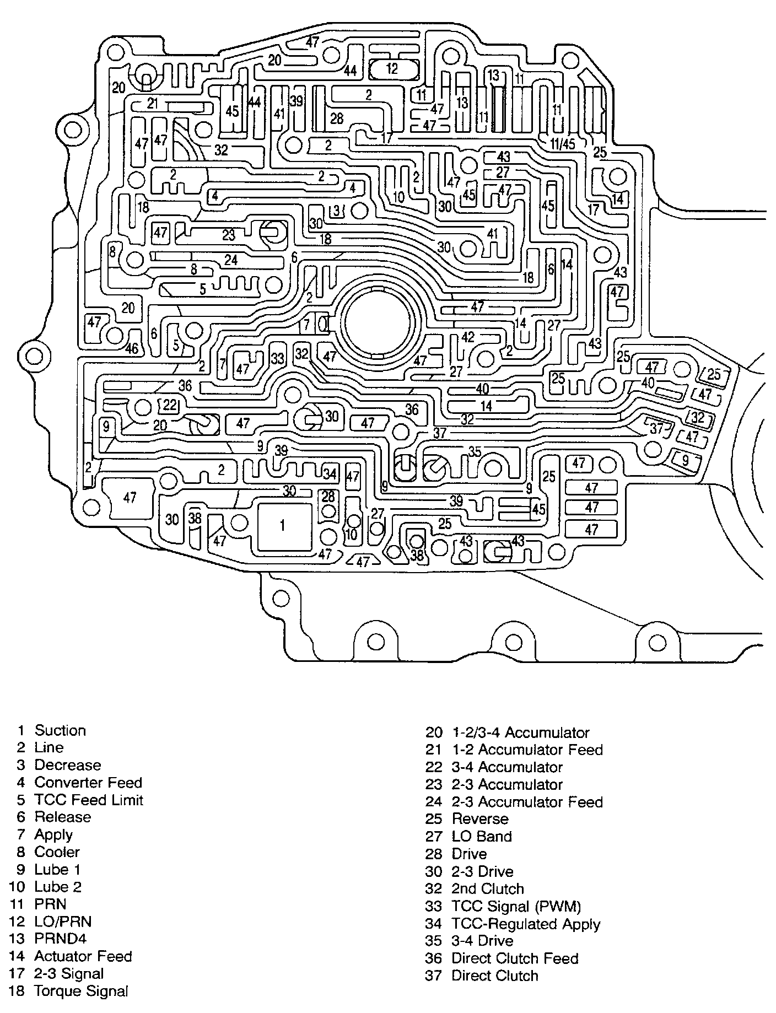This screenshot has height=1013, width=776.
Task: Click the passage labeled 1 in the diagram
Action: click(x=282, y=525)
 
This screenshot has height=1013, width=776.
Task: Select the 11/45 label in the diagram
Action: click(x=562, y=144)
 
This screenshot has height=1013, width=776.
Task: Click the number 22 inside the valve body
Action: click(x=169, y=405)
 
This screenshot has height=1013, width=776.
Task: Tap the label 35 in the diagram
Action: click(x=475, y=451)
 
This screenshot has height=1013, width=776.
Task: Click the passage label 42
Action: click(x=467, y=337)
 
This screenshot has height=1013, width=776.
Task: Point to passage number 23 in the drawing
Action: click(x=229, y=235)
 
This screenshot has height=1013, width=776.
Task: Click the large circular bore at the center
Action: click(x=379, y=322)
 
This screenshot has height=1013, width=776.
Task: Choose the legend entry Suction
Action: click(x=60, y=730)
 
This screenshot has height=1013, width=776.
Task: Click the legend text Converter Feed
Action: click(x=88, y=782)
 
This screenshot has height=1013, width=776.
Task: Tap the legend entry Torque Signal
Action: click(x=81, y=991)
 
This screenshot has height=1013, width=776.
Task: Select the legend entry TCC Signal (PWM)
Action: click(x=516, y=906)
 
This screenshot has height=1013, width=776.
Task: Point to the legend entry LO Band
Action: click(x=482, y=837)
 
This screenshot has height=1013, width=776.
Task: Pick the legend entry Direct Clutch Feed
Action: click(x=515, y=958)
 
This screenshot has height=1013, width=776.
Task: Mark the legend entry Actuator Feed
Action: click(x=83, y=956)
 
